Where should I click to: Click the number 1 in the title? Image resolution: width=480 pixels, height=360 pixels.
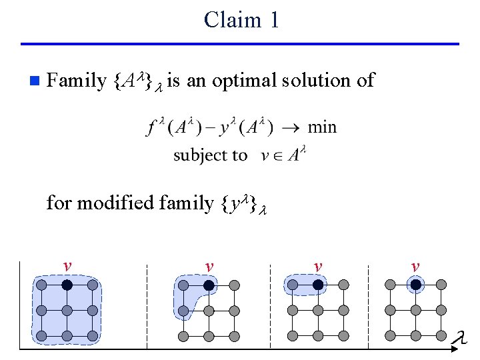click(x=274, y=20)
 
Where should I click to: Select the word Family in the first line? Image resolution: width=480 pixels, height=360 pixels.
click(x=77, y=81)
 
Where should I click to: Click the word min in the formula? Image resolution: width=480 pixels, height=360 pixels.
click(x=323, y=127)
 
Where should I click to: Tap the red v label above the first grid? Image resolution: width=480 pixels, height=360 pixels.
click(x=67, y=266)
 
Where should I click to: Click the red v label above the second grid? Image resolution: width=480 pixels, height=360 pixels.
click(x=209, y=267)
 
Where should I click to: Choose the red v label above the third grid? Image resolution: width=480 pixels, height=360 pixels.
click(x=318, y=267)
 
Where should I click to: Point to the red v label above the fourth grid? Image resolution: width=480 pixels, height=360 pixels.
click(x=415, y=267)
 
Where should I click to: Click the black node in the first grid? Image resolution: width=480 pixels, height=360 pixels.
click(x=67, y=285)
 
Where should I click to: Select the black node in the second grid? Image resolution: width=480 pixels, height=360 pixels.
click(x=209, y=285)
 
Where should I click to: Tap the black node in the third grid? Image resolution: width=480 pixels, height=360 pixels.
click(x=318, y=285)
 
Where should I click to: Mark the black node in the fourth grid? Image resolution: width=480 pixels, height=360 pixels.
click(x=415, y=285)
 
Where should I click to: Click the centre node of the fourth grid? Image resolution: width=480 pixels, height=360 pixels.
click(x=415, y=311)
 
